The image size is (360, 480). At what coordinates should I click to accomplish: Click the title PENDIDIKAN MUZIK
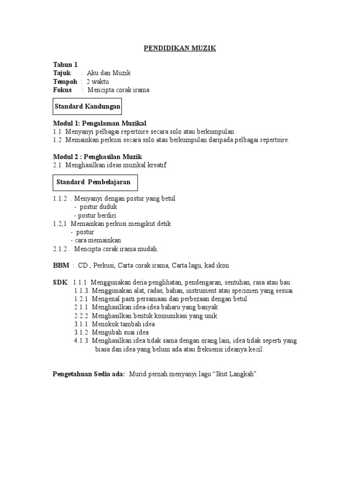click(x=180, y=48)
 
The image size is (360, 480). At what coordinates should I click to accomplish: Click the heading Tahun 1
click(x=65, y=65)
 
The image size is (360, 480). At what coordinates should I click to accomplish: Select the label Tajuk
click(x=62, y=73)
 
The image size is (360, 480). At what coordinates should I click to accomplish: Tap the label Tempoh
click(x=65, y=82)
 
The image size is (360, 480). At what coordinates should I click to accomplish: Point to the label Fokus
click(x=62, y=90)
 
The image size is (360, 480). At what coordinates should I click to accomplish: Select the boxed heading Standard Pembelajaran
click(x=93, y=182)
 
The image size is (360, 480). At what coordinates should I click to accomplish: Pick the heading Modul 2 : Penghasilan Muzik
click(x=97, y=157)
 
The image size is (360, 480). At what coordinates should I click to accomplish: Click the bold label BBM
click(x=61, y=265)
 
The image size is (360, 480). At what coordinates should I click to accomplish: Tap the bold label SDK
click(x=60, y=282)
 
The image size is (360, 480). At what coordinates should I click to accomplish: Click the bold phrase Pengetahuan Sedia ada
click(x=88, y=374)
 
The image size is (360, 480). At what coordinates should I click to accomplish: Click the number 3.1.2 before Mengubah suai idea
click(x=82, y=332)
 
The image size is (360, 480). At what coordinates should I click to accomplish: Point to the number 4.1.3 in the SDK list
click(x=82, y=341)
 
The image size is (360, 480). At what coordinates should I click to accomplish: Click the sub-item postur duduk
click(x=98, y=207)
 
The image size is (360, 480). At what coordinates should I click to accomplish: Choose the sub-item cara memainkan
click(x=97, y=240)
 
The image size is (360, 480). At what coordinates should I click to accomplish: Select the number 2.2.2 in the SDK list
click(x=82, y=315)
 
